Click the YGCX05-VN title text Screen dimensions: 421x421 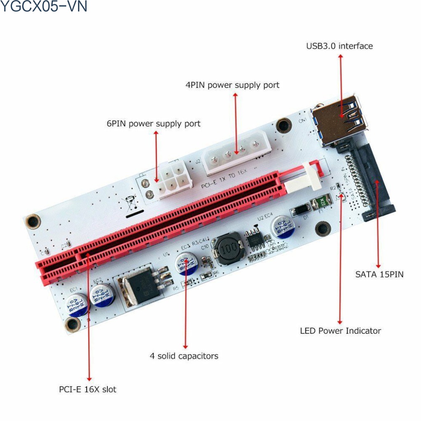click(44, 7)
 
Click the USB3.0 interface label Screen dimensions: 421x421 click(339, 46)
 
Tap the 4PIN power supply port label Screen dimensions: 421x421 click(232, 85)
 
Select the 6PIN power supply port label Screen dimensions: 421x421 click(153, 123)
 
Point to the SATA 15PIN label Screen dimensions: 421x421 click(379, 274)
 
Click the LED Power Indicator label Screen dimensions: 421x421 click(340, 331)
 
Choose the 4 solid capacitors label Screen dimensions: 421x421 click(184, 356)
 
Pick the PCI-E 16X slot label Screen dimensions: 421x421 click(87, 389)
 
